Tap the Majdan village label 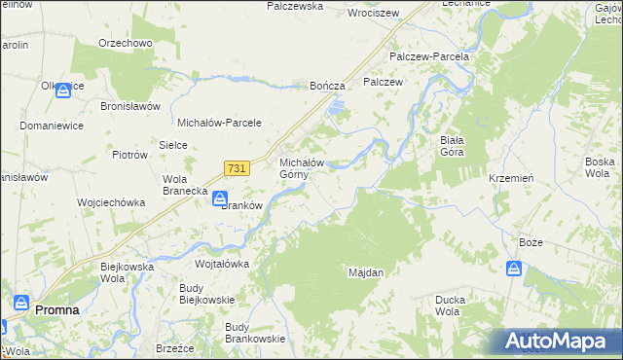pos(366,272)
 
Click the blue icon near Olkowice pos(63,91)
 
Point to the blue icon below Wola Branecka pos(221,198)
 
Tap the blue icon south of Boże pos(512,270)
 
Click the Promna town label pos(57,309)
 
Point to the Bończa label pos(328,86)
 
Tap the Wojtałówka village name pos(222,264)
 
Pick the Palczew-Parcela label pos(429,56)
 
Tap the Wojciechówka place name pos(111,202)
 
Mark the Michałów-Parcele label pos(214,123)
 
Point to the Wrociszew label pos(375,14)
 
